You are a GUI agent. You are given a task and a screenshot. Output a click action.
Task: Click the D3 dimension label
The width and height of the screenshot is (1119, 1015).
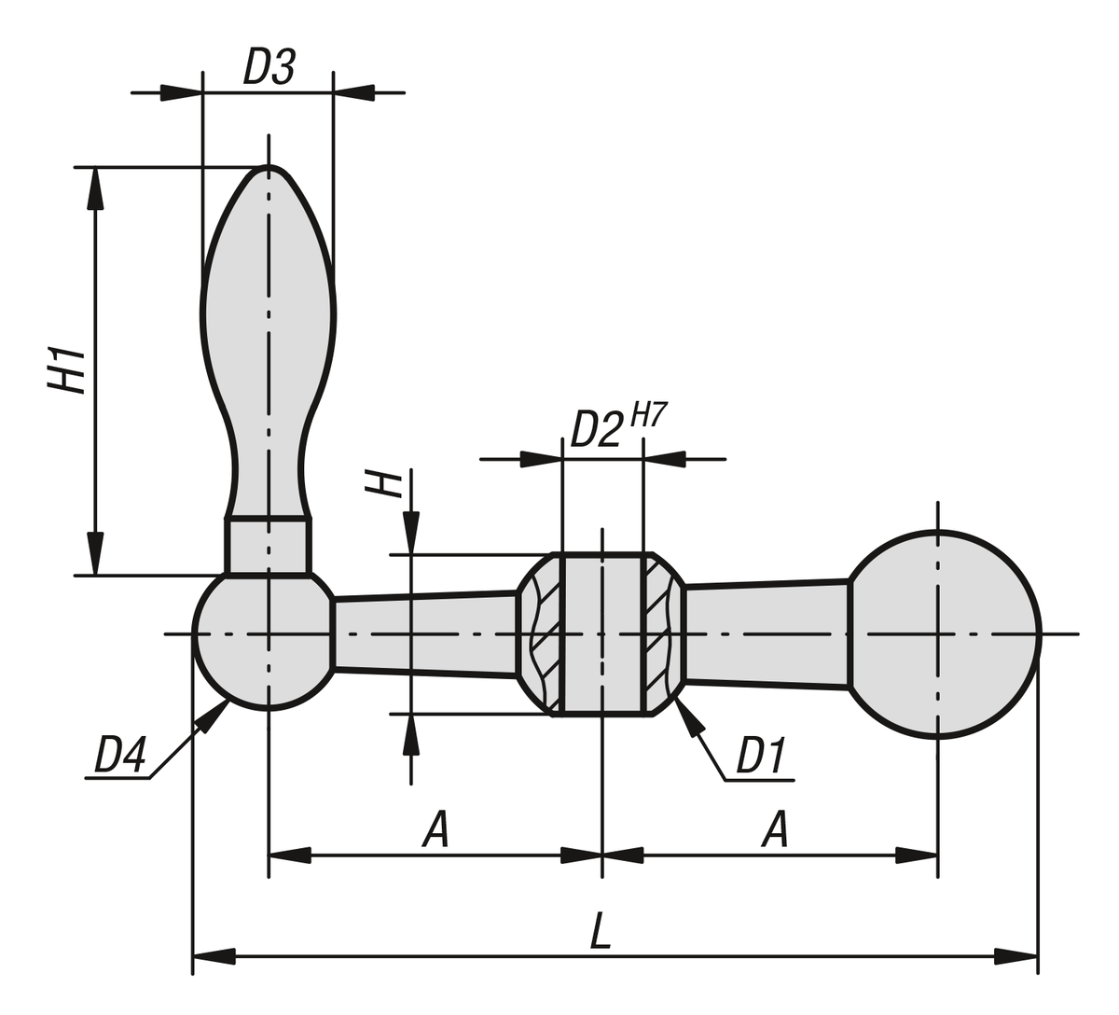pos(269,67)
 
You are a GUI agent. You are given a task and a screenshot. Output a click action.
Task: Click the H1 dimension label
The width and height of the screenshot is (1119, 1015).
pos(67,369)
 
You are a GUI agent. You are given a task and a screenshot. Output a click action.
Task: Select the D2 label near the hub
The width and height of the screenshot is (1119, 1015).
pos(596,429)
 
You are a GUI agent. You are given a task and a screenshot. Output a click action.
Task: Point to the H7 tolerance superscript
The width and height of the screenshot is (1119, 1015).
pos(649,413)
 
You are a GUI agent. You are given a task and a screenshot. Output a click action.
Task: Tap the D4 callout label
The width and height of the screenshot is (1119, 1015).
pos(119,756)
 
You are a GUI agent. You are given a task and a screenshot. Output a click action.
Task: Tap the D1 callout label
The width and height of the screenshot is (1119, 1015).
pos(761,756)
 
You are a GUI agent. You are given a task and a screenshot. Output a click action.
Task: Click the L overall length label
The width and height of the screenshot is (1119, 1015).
pos(601,931)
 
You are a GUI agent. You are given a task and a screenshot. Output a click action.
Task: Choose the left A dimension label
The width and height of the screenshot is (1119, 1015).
pos(435,828)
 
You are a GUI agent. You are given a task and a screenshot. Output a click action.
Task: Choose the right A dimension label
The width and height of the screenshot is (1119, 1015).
pos(774,828)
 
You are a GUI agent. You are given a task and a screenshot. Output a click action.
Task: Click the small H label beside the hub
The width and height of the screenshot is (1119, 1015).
pos(383,482)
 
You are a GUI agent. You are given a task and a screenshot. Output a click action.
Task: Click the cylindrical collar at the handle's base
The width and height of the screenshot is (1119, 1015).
pos(269,545)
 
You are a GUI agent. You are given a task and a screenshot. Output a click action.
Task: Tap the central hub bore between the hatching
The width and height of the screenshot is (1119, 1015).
pos(601,634)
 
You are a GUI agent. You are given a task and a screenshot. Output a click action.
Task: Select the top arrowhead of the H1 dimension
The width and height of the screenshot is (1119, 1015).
pos(93,187)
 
